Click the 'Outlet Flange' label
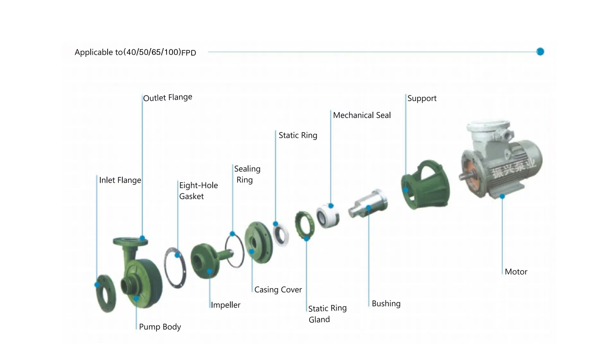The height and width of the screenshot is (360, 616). click(x=168, y=97)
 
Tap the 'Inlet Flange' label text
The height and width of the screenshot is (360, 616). click(x=120, y=180)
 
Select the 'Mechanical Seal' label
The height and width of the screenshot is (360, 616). click(x=362, y=115)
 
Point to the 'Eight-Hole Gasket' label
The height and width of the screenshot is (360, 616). click(x=198, y=191)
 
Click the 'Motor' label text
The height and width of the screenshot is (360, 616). click(x=516, y=272)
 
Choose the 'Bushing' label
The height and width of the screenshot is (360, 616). click(x=386, y=303)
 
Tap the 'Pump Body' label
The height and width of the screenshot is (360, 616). click(x=160, y=327)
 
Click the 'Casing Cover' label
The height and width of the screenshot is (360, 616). click(x=278, y=290)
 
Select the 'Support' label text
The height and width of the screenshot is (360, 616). click(x=422, y=98)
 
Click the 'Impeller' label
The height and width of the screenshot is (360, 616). click(x=225, y=305)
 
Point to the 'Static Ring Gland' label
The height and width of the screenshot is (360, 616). click(x=327, y=314)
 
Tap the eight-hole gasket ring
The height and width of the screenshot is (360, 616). click(x=175, y=268)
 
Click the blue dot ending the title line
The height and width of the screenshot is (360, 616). click(x=540, y=52)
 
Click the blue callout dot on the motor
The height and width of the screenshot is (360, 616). click(x=502, y=196)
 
